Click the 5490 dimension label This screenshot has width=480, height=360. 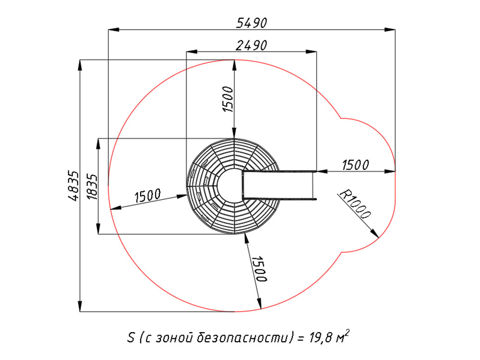click(x=252, y=23)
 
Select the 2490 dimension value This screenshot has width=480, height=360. click(x=252, y=45)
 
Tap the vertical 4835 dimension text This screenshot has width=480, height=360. click(x=73, y=185)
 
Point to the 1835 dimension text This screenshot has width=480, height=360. click(x=92, y=187)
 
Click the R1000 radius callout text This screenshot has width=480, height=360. click(x=355, y=204)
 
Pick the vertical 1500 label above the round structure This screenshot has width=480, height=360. click(x=228, y=99)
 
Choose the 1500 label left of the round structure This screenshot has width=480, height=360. click(x=147, y=196)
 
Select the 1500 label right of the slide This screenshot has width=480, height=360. click(x=355, y=165)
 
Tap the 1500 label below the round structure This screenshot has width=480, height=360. click(x=259, y=269)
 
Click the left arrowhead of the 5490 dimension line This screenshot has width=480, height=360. click(x=113, y=30)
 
